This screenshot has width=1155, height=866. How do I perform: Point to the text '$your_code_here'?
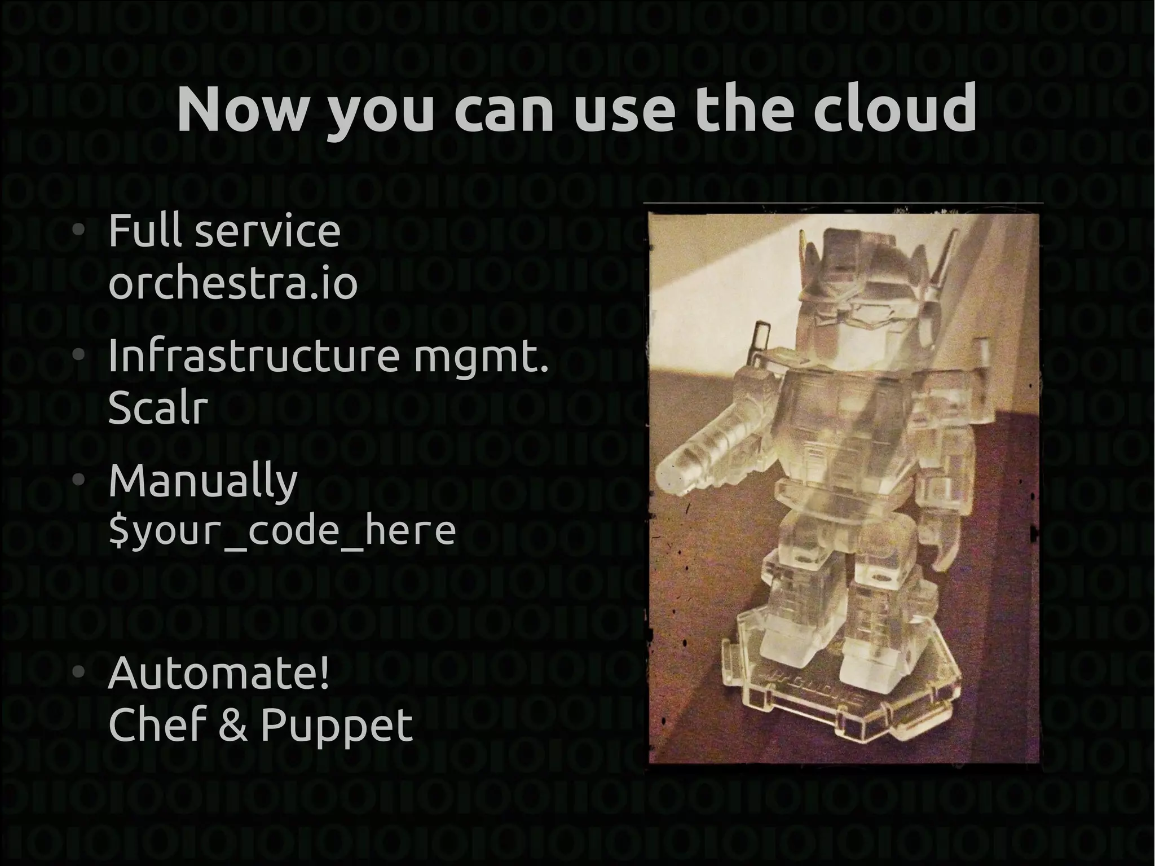[x=281, y=531]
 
